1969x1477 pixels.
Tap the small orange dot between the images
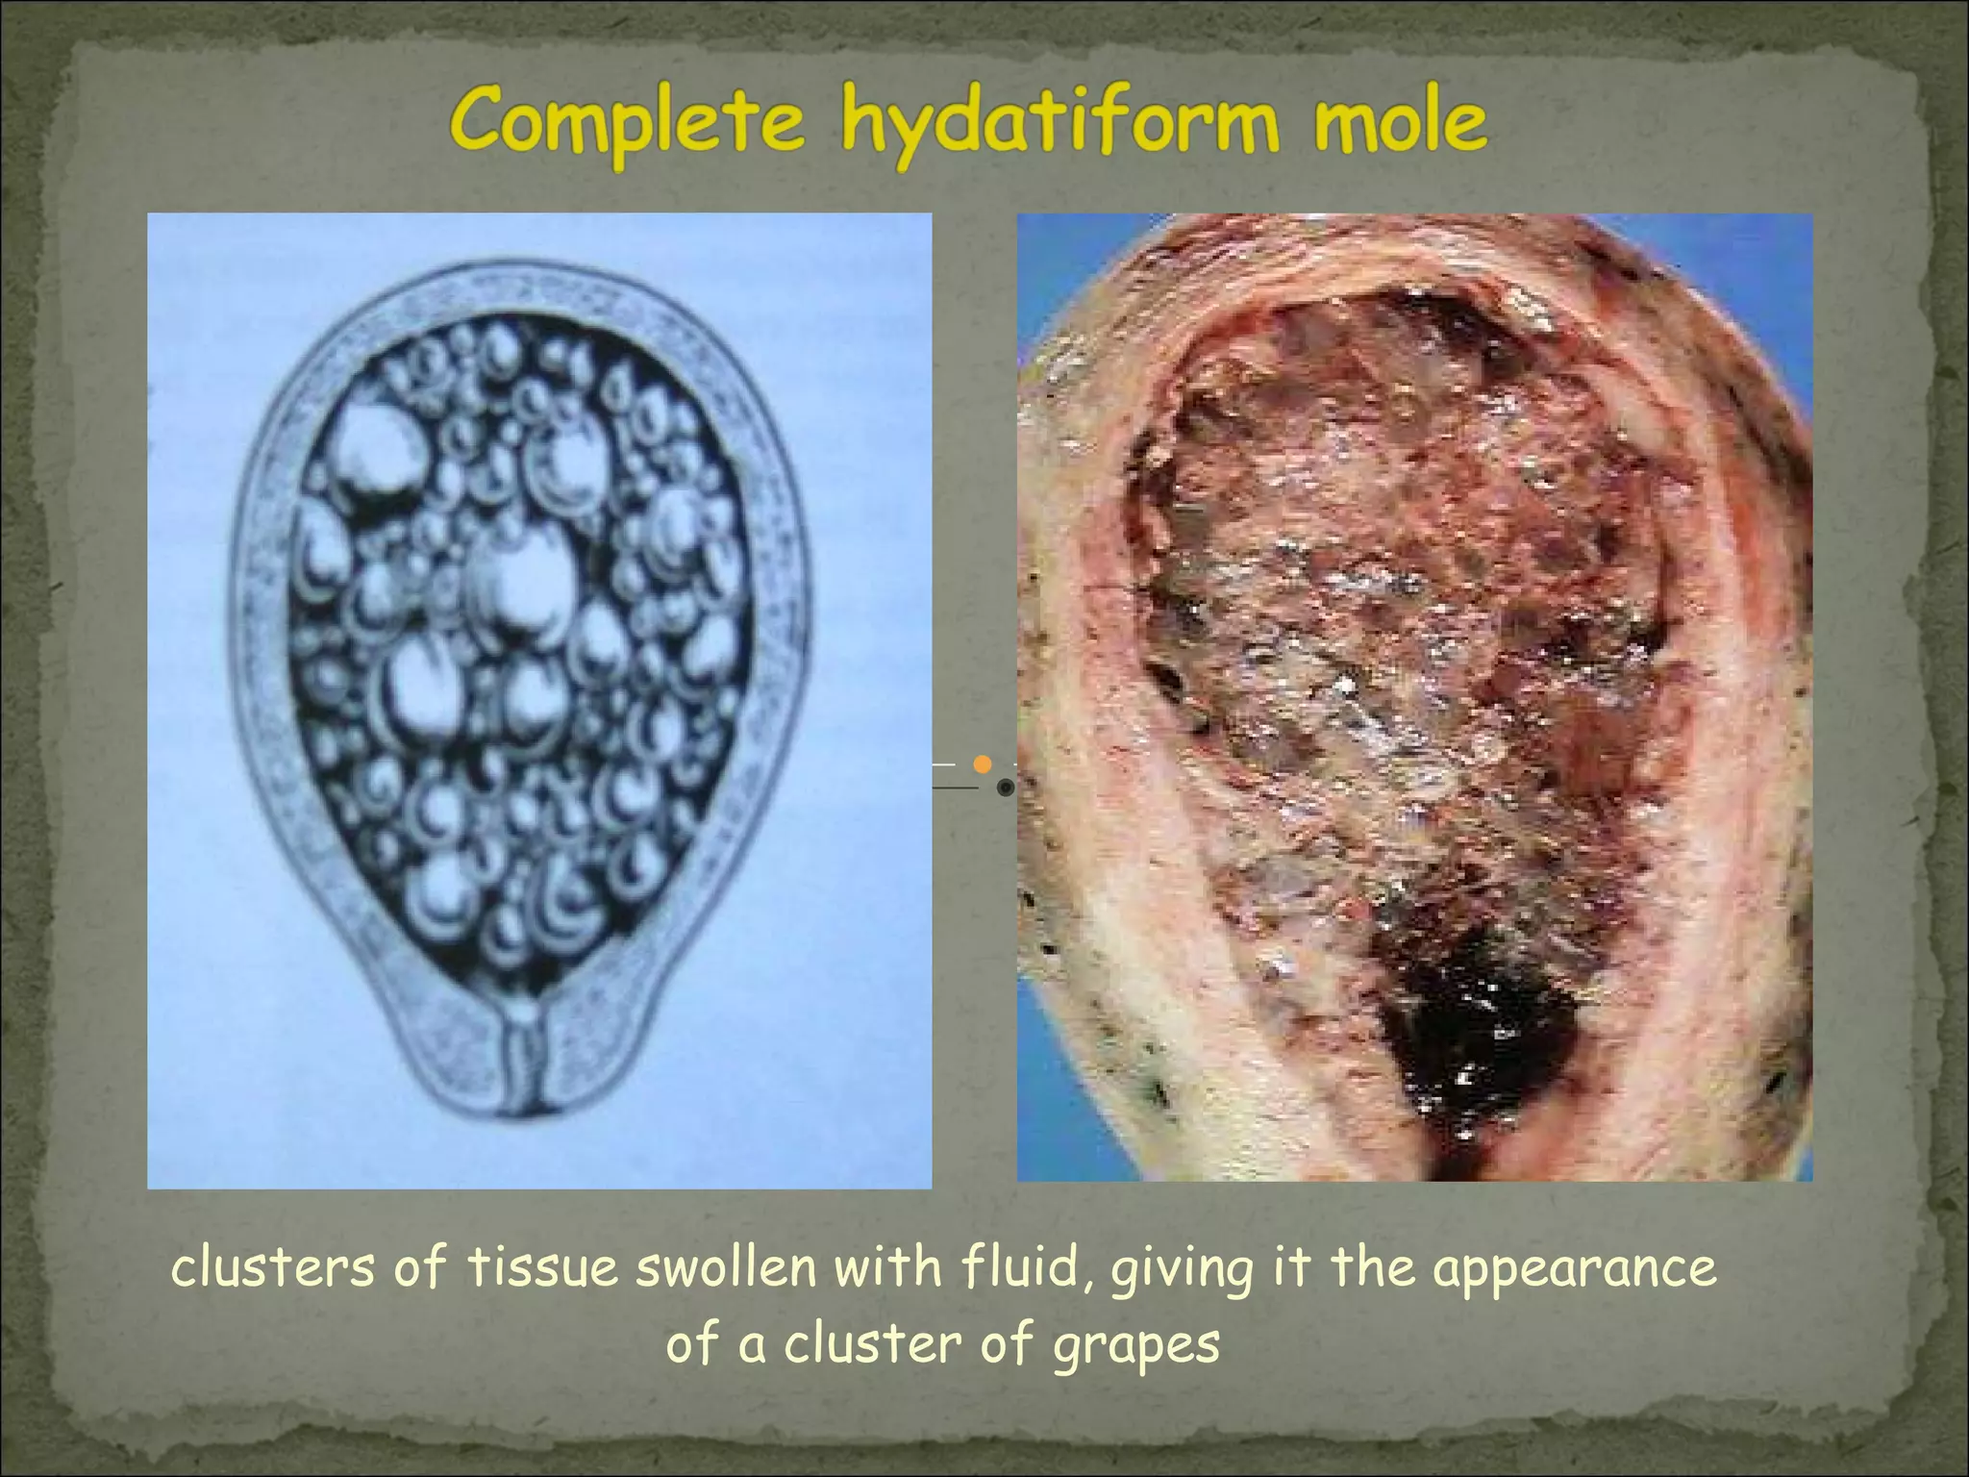coord(982,764)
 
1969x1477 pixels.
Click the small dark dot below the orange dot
coord(1005,789)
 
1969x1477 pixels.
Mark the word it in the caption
coord(1293,1268)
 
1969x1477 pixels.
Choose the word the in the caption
coord(1373,1268)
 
